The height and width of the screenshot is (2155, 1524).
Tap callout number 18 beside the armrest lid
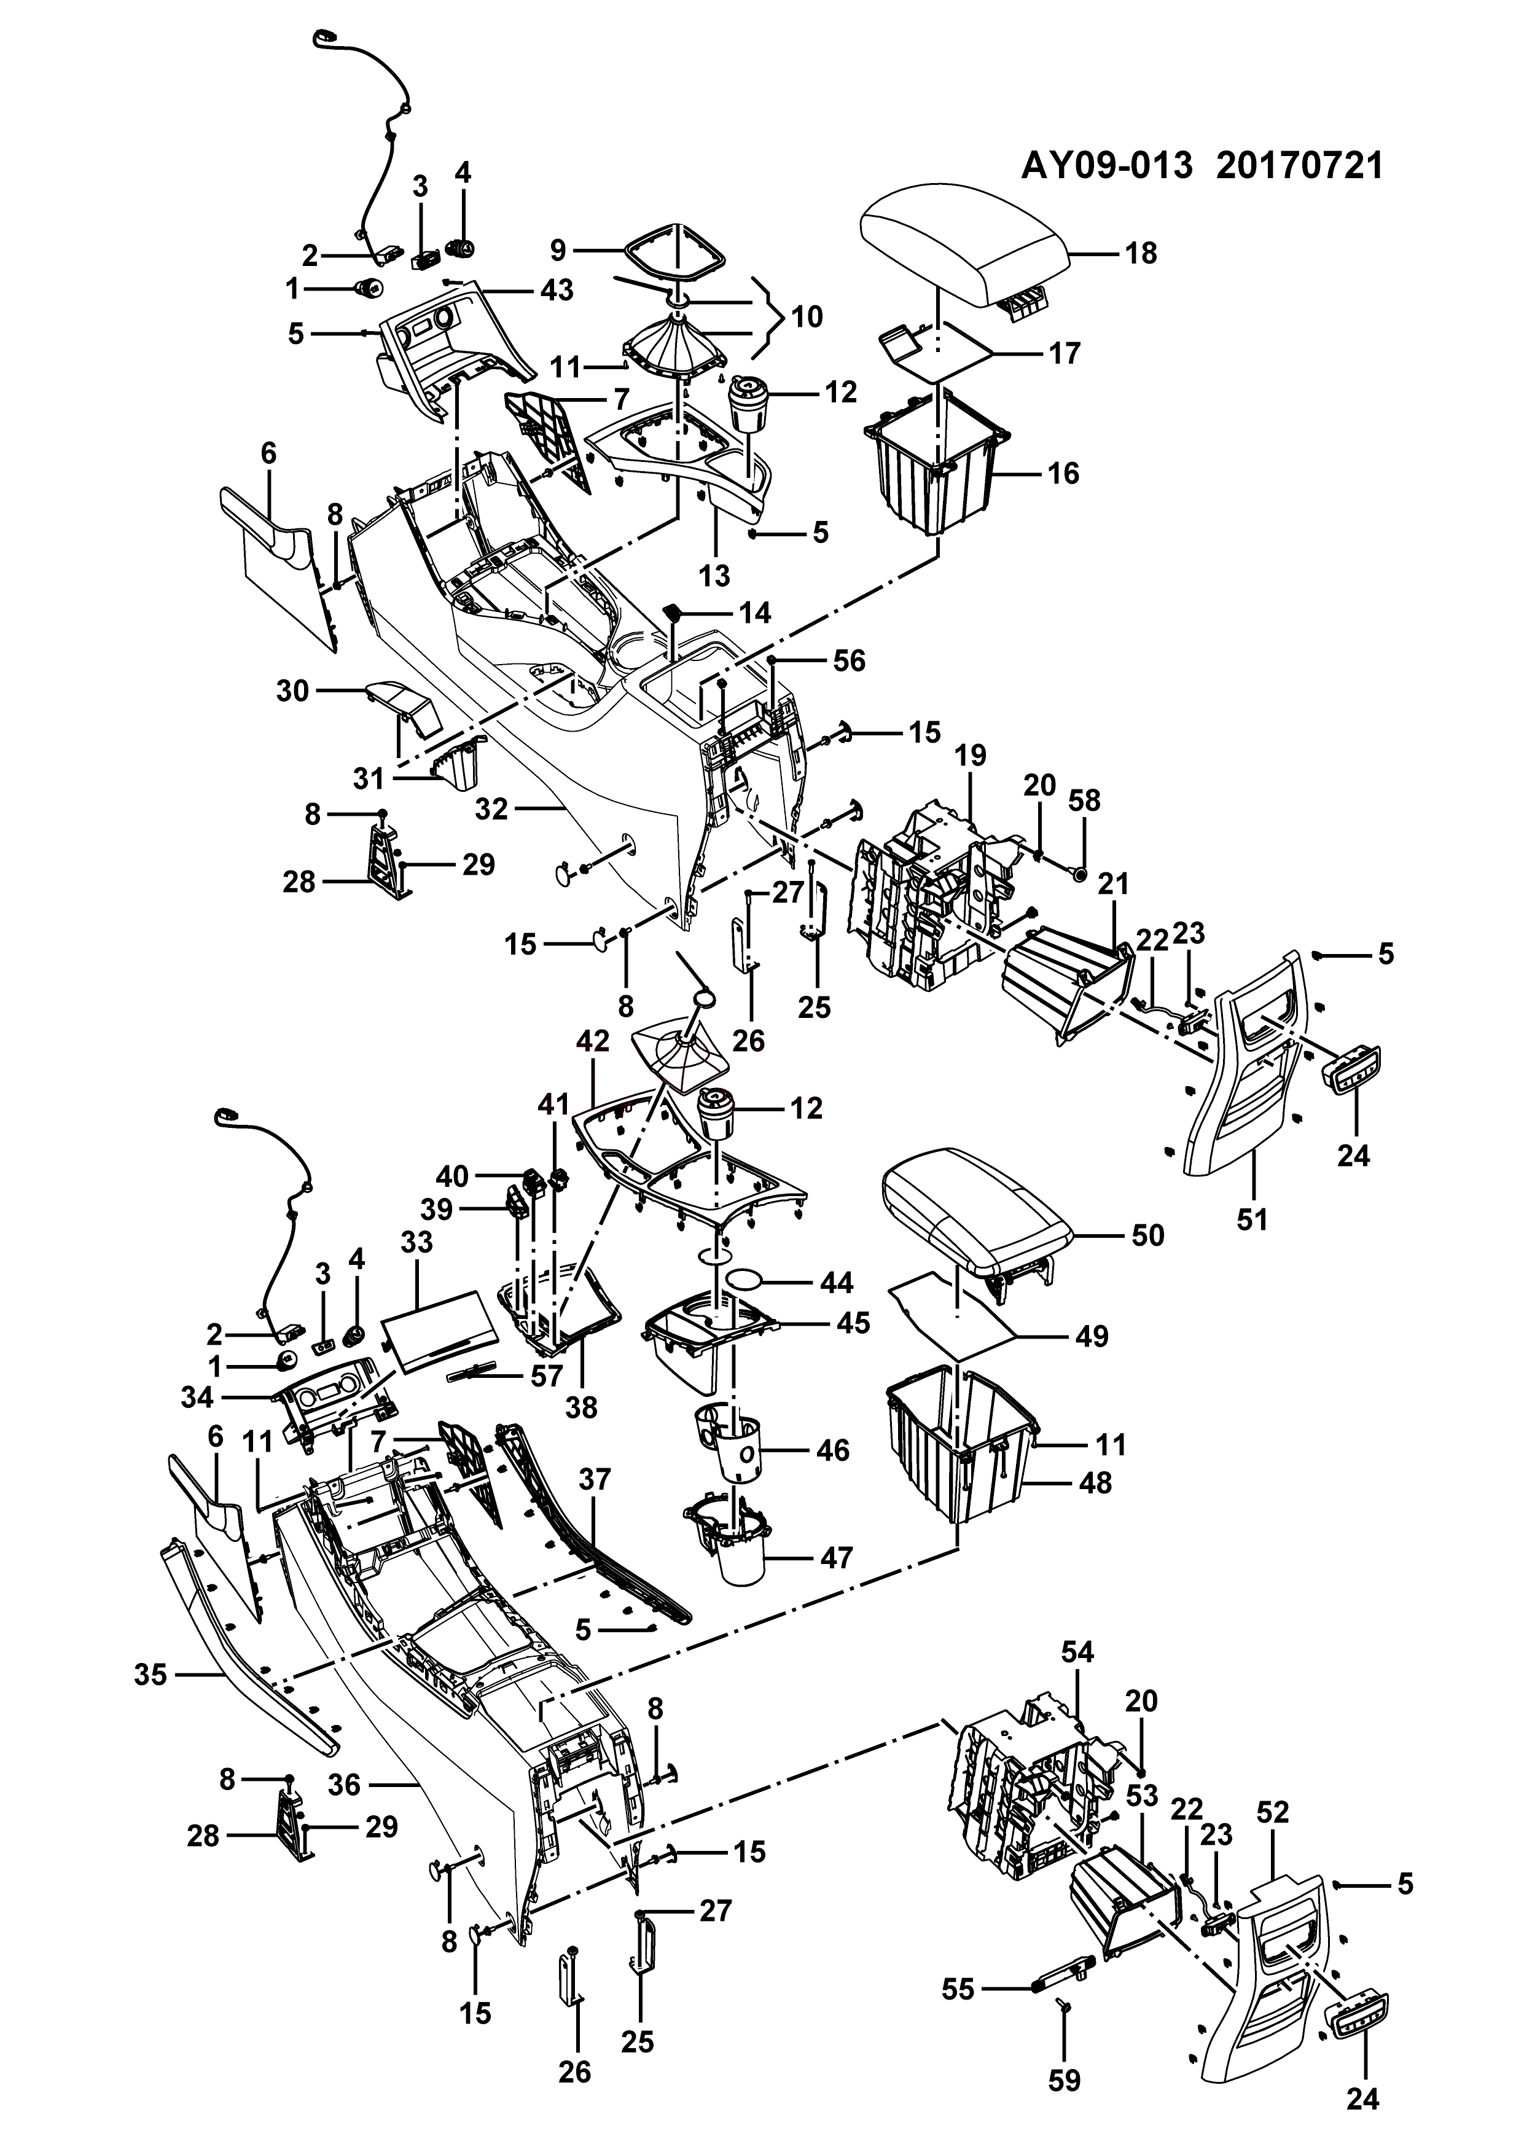click(1141, 254)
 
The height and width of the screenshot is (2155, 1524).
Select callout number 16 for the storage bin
click(1063, 473)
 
